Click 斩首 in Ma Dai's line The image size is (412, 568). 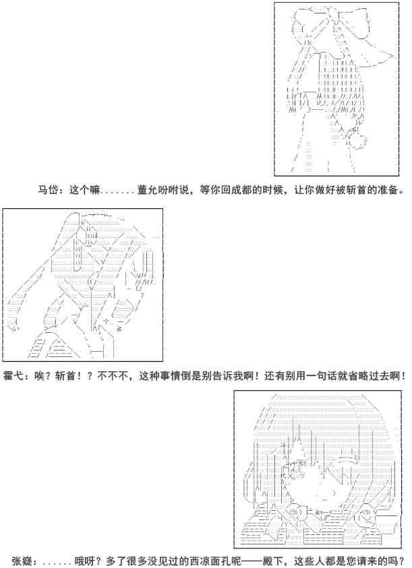coord(359,190)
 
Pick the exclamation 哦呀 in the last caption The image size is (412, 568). coord(82,561)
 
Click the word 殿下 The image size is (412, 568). coord(274,561)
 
